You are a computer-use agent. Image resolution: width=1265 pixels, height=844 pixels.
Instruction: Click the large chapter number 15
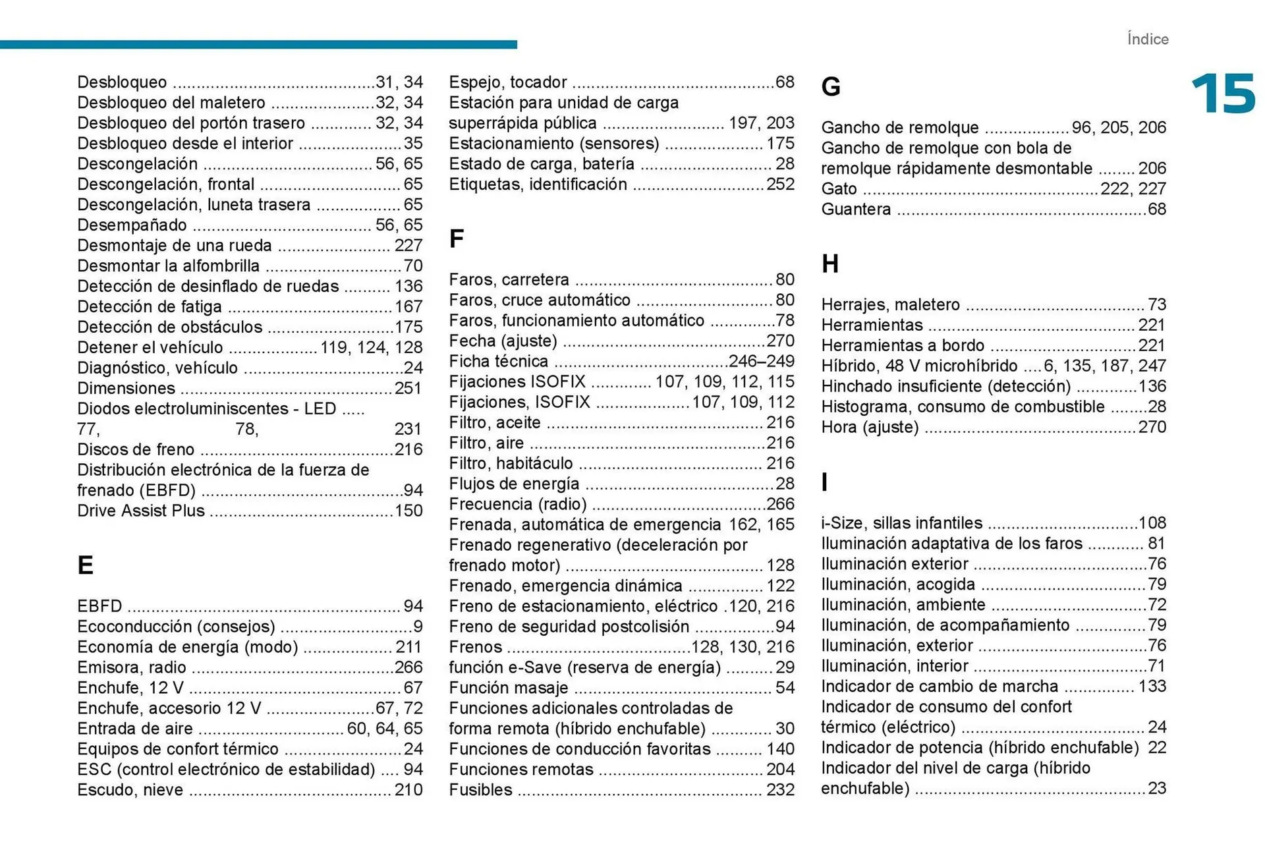[x=1223, y=94]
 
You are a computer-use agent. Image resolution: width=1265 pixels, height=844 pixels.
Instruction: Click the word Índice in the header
[x=1147, y=40]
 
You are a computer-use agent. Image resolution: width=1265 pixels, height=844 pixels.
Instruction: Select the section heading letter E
[x=85, y=565]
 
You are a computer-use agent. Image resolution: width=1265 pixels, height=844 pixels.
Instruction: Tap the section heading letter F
[x=456, y=239]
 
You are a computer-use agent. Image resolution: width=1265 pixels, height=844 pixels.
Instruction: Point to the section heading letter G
[x=831, y=87]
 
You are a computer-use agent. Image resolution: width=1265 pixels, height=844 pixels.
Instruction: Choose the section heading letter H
[x=830, y=264]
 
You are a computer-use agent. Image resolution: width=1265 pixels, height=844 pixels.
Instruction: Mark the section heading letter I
[x=824, y=483]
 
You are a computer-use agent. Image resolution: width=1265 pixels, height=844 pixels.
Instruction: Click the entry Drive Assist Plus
[x=141, y=511]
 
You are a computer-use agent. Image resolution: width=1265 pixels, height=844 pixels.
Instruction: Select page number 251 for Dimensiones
[x=408, y=389]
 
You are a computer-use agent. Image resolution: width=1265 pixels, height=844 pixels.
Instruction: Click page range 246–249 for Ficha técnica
[x=761, y=362]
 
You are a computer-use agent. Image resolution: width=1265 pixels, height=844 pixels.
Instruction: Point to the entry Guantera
[x=856, y=210]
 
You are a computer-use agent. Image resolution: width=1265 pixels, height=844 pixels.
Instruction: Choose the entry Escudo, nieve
[x=130, y=790]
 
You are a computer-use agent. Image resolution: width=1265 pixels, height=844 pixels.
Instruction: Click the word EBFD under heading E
[x=99, y=606]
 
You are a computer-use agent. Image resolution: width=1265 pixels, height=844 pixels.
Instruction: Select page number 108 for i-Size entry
[x=1152, y=523]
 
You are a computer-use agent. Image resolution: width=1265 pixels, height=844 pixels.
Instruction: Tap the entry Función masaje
[x=508, y=688]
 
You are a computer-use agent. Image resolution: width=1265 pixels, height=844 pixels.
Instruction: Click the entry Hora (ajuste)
[x=870, y=428]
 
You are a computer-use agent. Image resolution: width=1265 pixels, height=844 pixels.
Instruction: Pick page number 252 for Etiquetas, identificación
[x=780, y=184]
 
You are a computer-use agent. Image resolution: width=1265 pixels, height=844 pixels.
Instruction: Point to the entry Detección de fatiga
[x=150, y=307]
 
